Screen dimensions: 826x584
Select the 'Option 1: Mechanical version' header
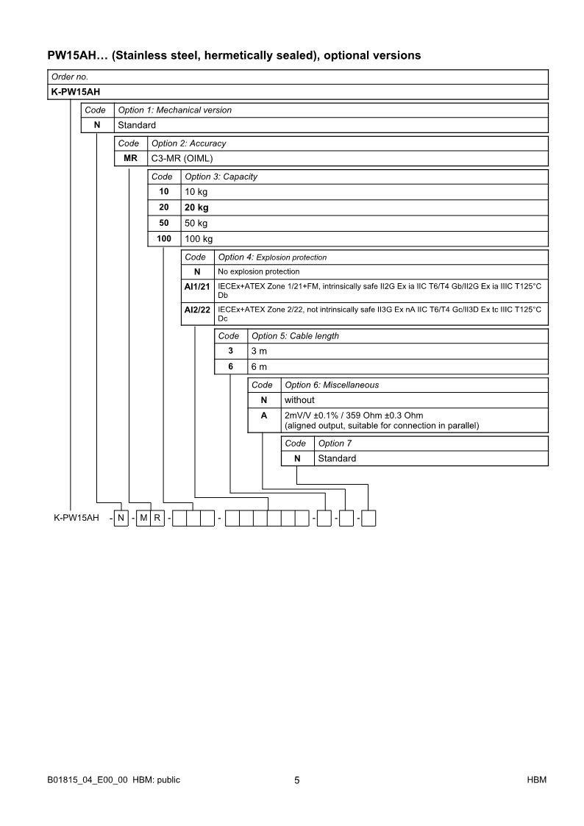[x=174, y=110]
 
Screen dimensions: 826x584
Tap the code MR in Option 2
[x=130, y=158]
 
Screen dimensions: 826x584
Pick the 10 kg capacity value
[x=196, y=191]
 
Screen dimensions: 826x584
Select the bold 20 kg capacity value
[x=197, y=207]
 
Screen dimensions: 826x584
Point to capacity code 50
[x=164, y=223]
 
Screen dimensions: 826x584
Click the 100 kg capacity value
[x=199, y=239]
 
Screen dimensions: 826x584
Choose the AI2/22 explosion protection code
[x=197, y=310]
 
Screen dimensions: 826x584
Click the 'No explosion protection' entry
[x=259, y=271]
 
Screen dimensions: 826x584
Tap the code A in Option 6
[x=264, y=416]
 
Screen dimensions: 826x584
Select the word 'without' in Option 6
[x=299, y=400]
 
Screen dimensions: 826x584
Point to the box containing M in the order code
[x=143, y=518]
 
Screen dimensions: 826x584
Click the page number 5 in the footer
[x=296, y=780]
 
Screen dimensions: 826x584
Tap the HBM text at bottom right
[x=536, y=780]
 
